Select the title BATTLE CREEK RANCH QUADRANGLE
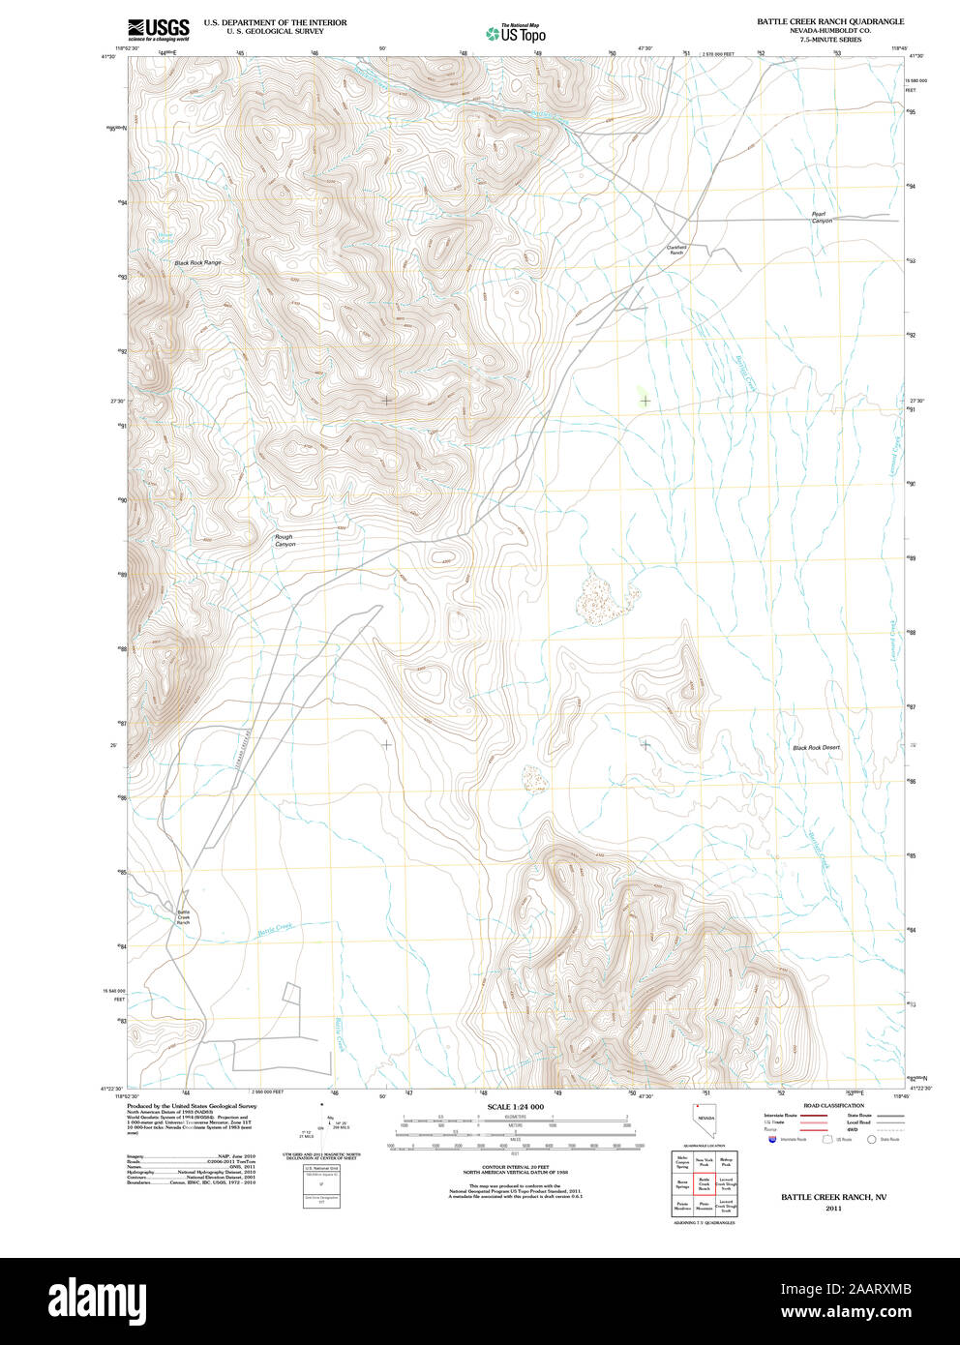click(x=830, y=21)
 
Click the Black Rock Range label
click(x=197, y=263)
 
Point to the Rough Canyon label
click(x=284, y=541)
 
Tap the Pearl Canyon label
click(x=822, y=217)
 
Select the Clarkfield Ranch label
click(x=676, y=250)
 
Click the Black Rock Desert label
click(x=817, y=748)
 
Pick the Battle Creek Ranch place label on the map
click(x=183, y=917)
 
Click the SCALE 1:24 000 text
click(x=515, y=1106)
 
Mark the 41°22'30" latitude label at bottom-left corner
click(x=114, y=1089)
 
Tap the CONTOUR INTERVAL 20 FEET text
click(x=515, y=1168)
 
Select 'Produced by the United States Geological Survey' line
click(x=192, y=1105)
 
